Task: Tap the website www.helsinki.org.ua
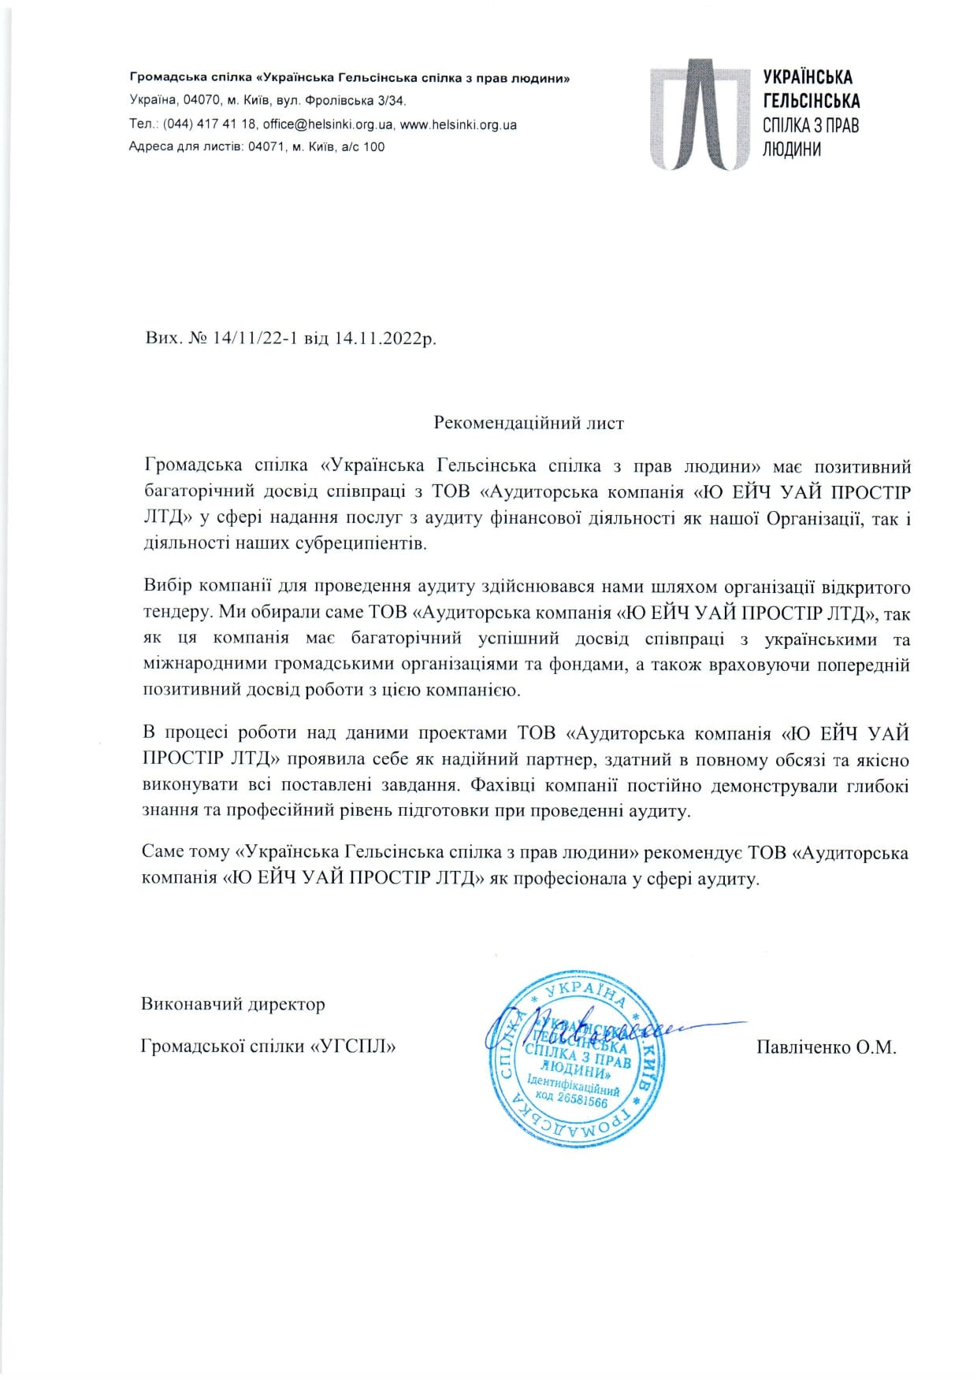coord(459,124)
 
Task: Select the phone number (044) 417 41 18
coord(210,124)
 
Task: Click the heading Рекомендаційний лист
coord(529,423)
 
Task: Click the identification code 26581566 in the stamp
coord(582,1100)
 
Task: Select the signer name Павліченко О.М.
coord(827,1047)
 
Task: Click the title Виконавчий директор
coord(233,1004)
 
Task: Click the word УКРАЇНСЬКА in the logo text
coord(808,77)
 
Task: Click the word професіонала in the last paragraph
coord(567,879)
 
